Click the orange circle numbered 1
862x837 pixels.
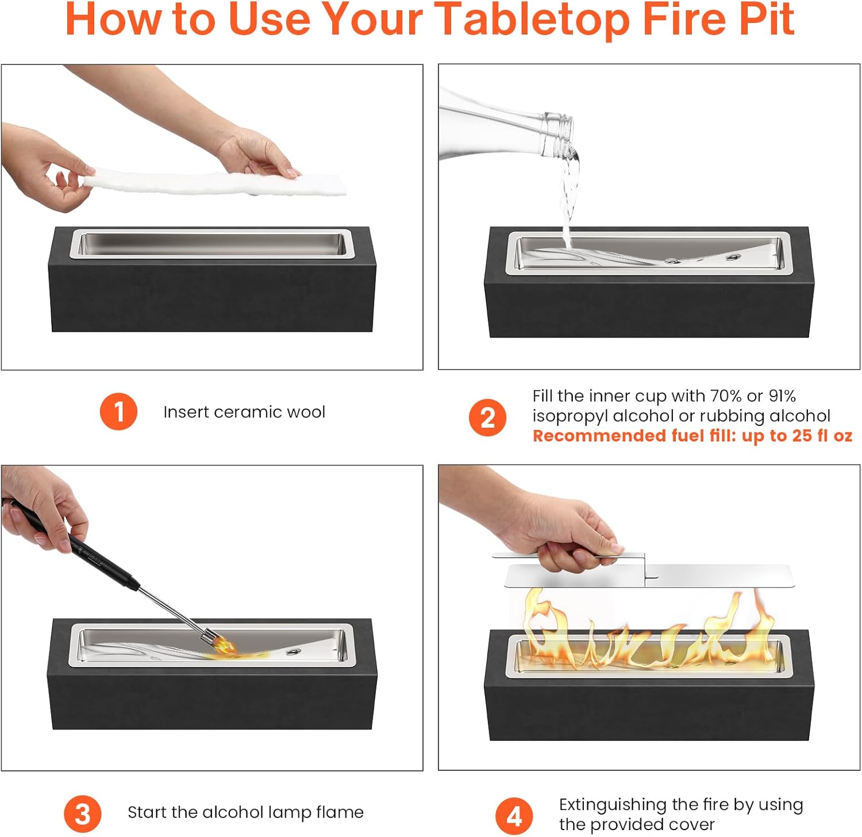(118, 412)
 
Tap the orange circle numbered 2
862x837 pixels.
(487, 417)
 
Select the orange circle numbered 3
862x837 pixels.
(83, 814)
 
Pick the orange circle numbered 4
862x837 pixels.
(514, 816)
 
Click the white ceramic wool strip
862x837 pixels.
(215, 181)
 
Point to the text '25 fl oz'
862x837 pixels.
(822, 436)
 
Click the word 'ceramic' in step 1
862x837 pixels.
(248, 412)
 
